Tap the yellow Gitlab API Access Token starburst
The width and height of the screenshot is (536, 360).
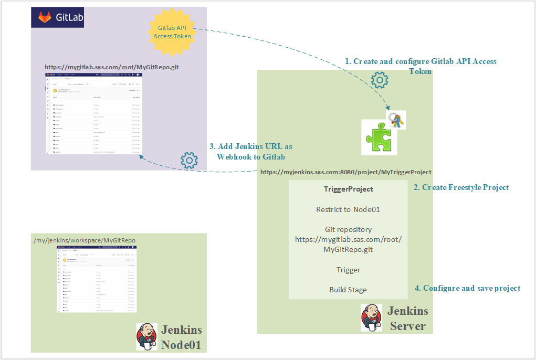[x=171, y=32]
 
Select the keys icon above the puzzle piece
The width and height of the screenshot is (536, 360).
[x=396, y=120]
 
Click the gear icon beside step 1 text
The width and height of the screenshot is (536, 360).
[x=379, y=80]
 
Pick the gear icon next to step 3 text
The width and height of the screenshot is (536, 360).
[x=189, y=161]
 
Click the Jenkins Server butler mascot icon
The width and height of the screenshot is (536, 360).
[x=371, y=317]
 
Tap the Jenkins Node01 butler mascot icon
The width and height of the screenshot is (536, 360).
[x=146, y=336]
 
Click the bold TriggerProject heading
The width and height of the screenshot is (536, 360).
[x=349, y=189]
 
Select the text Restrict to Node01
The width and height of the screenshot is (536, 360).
[x=348, y=209]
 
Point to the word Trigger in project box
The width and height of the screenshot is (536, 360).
[x=348, y=270]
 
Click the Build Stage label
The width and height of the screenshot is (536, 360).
[x=348, y=290]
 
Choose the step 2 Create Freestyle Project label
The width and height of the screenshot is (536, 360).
[x=461, y=187]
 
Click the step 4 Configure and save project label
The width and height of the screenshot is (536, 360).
[x=467, y=288]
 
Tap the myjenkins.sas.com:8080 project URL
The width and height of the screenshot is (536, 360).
[x=345, y=172]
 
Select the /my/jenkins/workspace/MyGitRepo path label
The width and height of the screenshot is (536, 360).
[x=85, y=240]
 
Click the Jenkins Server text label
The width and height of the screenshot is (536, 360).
[x=408, y=318]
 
